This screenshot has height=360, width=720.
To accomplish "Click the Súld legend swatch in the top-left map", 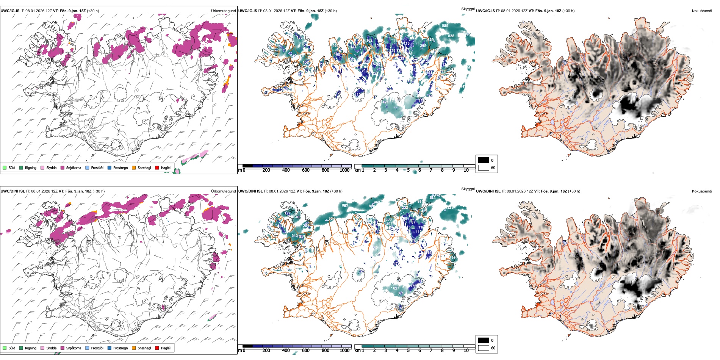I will [5, 167].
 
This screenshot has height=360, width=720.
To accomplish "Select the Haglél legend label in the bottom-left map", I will [166, 348].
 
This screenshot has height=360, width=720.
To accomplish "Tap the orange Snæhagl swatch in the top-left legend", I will [134, 167].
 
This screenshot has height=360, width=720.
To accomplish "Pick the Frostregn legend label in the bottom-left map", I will [121, 348].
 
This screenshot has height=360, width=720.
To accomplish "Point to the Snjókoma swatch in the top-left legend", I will [63, 167].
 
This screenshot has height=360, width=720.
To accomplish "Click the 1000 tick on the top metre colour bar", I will [344, 170].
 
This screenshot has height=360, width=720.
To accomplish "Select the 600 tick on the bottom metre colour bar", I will [306, 351].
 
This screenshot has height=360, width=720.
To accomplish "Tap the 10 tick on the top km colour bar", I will [466, 170].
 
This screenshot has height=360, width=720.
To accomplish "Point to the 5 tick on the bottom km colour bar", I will [408, 351].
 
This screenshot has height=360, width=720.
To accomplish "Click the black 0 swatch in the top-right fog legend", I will [484, 160].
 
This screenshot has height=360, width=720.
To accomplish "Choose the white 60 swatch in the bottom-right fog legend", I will [484, 348].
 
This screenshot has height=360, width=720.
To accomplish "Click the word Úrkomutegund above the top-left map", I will [223, 11].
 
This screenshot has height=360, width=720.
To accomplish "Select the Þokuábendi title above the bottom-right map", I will [702, 191].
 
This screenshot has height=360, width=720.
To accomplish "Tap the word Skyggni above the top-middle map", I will [468, 9].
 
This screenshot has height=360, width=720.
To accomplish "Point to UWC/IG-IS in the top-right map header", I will [485, 11].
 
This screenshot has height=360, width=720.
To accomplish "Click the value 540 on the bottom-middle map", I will [294, 235].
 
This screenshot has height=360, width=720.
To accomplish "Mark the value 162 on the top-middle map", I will [369, 40].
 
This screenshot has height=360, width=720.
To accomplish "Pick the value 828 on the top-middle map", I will [451, 36].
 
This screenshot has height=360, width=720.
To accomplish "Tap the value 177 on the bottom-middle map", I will [288, 213].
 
